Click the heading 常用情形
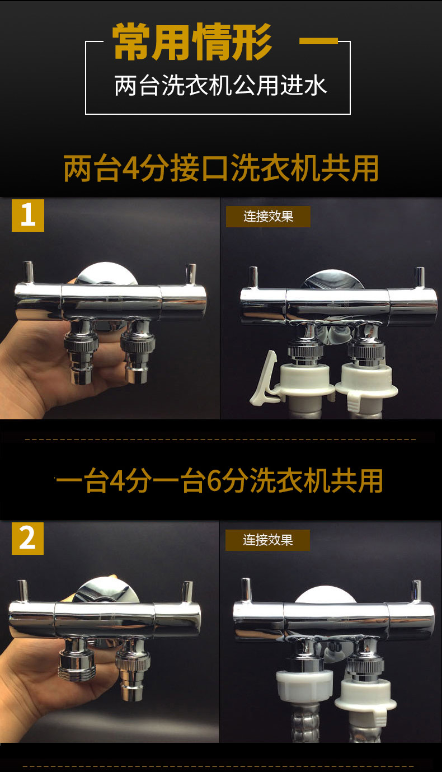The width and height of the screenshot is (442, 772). pyautogui.click(x=192, y=42)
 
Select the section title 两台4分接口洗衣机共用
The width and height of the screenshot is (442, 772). pyautogui.click(x=221, y=168)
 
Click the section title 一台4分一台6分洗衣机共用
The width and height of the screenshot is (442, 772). pyautogui.click(x=219, y=480)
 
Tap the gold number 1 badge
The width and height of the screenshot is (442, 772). pyautogui.click(x=28, y=216)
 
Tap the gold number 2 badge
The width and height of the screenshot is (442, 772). pyautogui.click(x=27, y=539)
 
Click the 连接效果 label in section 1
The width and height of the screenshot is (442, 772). pyautogui.click(x=268, y=217)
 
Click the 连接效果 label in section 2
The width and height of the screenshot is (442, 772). pyautogui.click(x=267, y=540)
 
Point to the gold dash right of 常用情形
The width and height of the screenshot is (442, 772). pyautogui.click(x=318, y=41)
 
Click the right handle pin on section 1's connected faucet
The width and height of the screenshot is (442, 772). pyautogui.click(x=419, y=278)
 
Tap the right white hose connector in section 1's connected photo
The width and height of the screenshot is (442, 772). pyautogui.click(x=366, y=384)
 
